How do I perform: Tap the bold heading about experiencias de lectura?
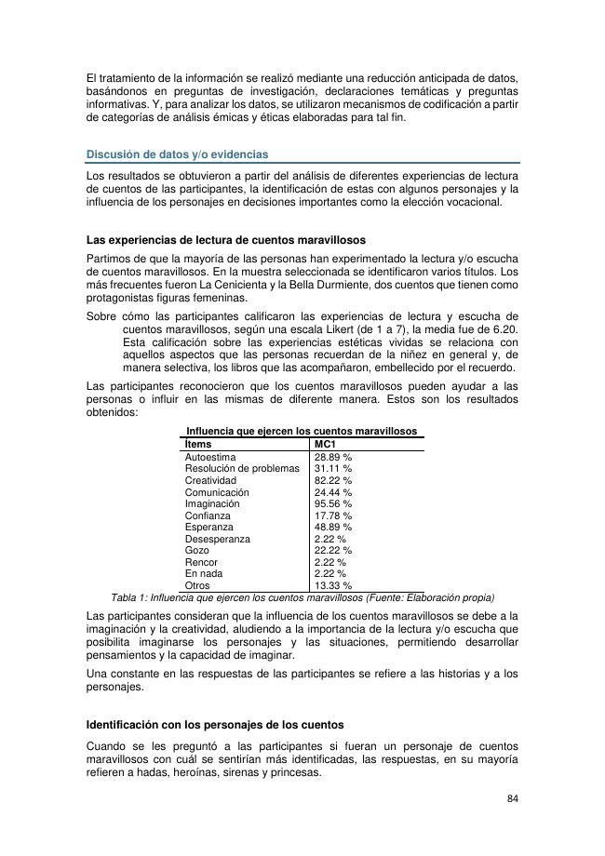coord(225,240)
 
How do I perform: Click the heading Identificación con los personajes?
coord(215,724)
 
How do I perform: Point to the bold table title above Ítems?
coord(302,431)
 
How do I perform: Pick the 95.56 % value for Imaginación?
coord(333,503)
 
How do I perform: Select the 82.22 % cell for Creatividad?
coord(333,480)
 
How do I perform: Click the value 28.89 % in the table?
coord(333,458)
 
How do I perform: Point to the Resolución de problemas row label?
coord(242,469)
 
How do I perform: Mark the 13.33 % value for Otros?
coord(333,586)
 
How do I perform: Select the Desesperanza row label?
coord(217,539)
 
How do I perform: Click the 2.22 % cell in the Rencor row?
coord(330,562)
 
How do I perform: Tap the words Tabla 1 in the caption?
coord(129,597)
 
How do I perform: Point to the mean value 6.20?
coord(504,329)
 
